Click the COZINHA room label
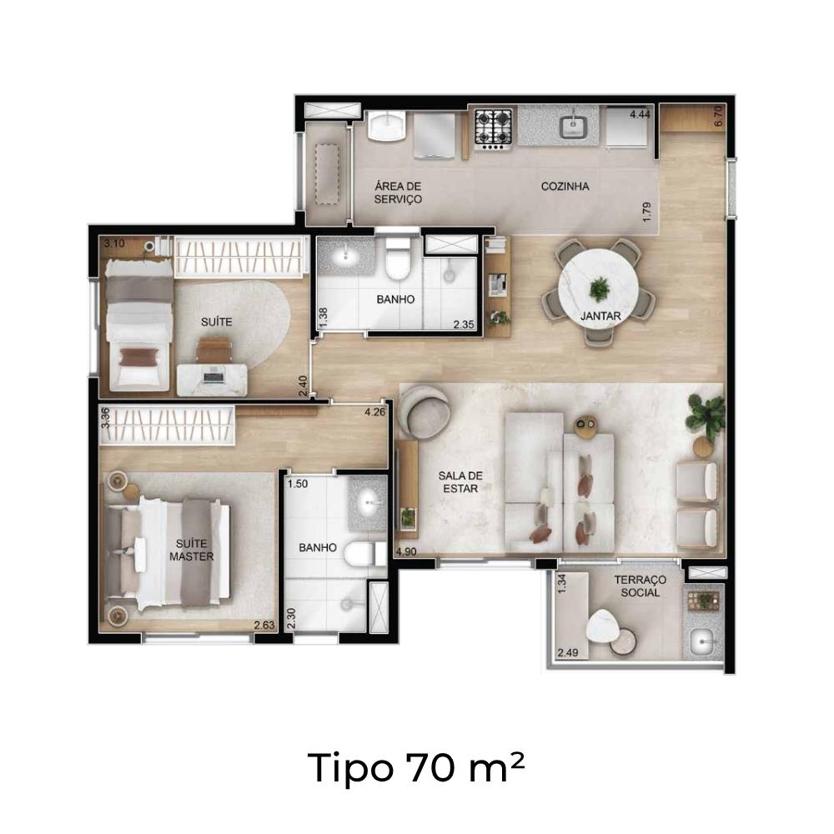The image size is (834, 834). [x=565, y=186]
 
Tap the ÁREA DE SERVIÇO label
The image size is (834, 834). [x=398, y=193]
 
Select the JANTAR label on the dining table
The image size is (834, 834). [x=600, y=316]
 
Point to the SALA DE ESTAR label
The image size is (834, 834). [x=460, y=482]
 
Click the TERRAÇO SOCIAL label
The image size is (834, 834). [x=640, y=586]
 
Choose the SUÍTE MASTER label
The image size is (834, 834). [x=192, y=550]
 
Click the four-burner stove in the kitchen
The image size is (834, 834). [x=493, y=128]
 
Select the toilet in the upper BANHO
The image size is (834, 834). [x=397, y=259]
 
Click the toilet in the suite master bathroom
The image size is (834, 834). [x=365, y=555]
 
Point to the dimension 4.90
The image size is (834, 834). [x=406, y=551]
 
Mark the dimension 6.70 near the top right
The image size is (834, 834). [x=719, y=115]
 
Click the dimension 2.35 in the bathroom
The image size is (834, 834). [x=464, y=324]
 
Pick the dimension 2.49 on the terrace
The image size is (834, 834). [x=567, y=652]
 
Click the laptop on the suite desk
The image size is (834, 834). [x=214, y=375]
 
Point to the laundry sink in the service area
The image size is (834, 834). [x=387, y=126]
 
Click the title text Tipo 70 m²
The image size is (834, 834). [x=416, y=767]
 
